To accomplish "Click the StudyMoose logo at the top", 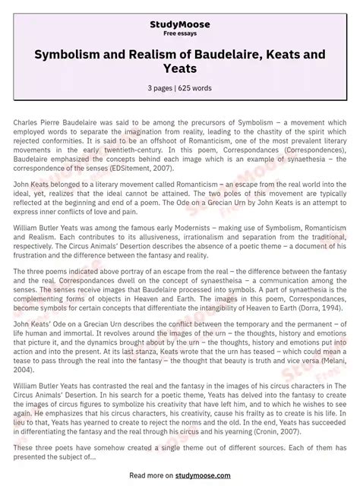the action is tap(180, 24).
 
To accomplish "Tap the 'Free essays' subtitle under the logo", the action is tap(180, 33).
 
